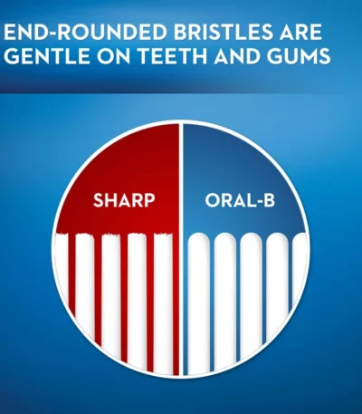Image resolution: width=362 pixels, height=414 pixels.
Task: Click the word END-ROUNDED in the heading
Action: [85, 33]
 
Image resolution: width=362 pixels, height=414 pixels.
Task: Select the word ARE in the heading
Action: [300, 33]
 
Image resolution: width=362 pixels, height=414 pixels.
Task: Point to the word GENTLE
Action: [47, 56]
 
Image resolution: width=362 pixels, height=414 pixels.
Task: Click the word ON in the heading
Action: [114, 56]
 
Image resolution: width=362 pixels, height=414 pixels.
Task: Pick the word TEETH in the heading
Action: [172, 56]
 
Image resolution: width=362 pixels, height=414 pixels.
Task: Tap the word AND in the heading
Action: [237, 56]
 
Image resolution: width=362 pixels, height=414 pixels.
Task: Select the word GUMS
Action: [299, 56]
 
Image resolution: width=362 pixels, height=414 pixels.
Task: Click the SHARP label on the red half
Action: [124, 200]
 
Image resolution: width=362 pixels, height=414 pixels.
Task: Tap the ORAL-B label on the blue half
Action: [240, 200]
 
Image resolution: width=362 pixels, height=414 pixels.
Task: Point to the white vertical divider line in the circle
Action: [181, 249]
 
